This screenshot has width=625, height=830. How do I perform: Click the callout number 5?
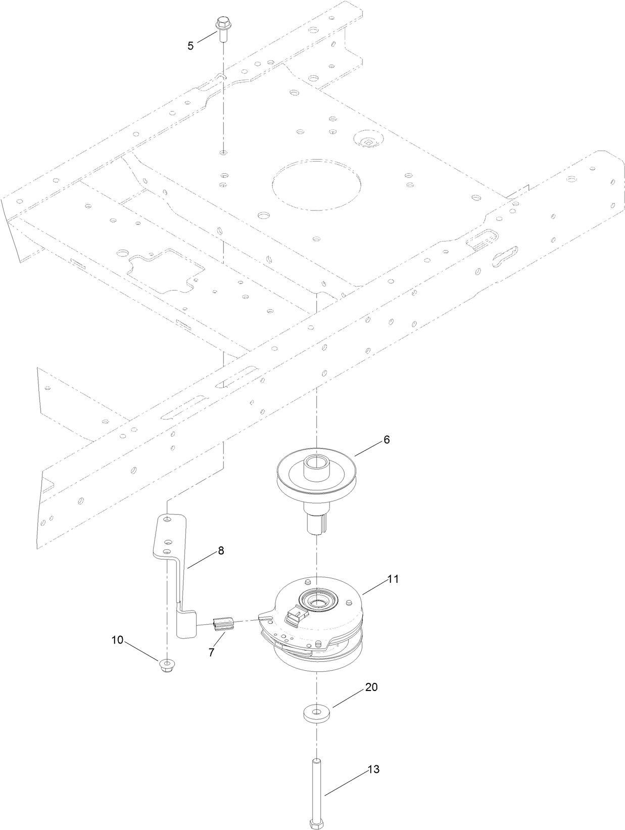click(x=190, y=46)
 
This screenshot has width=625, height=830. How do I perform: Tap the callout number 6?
click(x=387, y=440)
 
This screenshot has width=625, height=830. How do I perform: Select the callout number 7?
click(x=211, y=652)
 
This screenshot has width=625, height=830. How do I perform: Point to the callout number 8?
click(x=221, y=550)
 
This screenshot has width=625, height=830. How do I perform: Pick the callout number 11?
click(x=393, y=579)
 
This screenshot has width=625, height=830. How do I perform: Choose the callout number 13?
click(x=373, y=770)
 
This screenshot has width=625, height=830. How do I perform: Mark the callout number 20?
click(x=371, y=687)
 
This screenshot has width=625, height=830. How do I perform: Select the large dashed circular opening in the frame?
click(x=317, y=185)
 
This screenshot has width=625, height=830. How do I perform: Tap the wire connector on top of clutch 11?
click(x=295, y=615)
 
